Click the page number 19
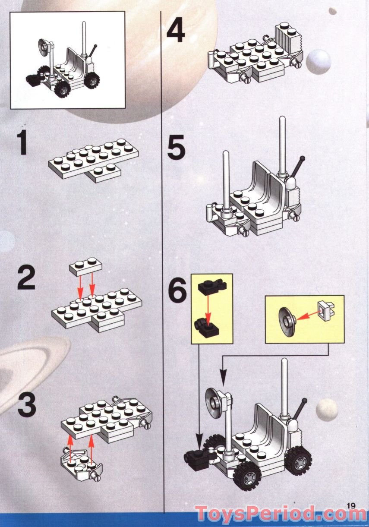(350, 505)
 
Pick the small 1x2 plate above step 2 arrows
(85, 267)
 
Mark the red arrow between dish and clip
(305, 316)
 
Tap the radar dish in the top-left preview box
(44, 44)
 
